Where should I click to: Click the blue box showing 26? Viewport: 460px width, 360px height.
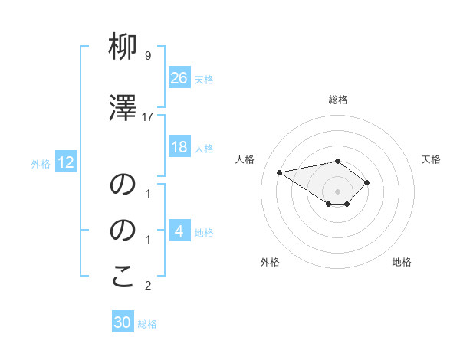coord(179,77)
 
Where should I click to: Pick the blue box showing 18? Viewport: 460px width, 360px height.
coord(179,147)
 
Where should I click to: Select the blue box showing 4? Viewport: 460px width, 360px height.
coord(179,231)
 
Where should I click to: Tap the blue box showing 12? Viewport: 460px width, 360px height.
coord(65,162)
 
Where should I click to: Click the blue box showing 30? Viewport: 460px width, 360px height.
coord(123,322)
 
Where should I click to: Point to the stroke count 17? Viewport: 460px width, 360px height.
coord(148,117)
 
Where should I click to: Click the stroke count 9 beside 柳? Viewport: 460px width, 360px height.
coord(148,56)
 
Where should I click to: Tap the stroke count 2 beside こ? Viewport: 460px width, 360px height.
coord(148,286)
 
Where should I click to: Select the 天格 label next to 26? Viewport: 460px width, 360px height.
coord(204,79)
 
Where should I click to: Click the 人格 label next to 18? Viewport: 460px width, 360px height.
coord(204,148)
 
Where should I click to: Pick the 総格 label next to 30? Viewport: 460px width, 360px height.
coord(147,324)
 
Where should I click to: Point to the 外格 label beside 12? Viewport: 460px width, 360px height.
coord(41,163)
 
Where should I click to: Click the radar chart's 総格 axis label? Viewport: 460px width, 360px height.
coord(338,100)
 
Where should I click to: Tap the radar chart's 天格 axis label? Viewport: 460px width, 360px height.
coord(431,159)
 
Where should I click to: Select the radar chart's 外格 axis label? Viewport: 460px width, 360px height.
coord(269,262)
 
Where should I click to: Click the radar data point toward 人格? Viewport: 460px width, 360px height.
coord(280,172)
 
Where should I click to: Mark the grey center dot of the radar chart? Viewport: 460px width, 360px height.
coord(338,191)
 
